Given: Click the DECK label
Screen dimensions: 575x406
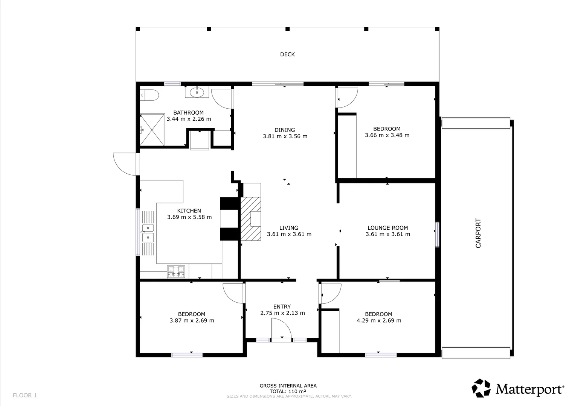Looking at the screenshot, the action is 287,55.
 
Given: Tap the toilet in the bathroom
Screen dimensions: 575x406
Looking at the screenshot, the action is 149,95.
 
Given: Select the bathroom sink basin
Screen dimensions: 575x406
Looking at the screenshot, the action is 197,92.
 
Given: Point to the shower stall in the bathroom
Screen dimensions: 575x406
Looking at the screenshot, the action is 152,130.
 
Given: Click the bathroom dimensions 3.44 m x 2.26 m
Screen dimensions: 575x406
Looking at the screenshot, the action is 189,119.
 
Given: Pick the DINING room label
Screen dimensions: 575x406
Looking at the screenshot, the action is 285,130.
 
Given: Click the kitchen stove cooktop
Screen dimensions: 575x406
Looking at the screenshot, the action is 176,272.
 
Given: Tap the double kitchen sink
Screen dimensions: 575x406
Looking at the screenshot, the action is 148,233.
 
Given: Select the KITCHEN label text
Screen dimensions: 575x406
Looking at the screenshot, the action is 189,211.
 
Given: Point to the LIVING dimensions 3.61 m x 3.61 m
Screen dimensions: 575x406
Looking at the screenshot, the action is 289,234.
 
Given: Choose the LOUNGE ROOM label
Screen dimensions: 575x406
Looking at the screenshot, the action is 387,228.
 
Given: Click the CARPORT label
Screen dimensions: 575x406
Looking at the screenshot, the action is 478,233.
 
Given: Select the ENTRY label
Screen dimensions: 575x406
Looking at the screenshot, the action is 282,306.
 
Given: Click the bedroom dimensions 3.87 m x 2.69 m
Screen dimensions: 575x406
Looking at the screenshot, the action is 192,320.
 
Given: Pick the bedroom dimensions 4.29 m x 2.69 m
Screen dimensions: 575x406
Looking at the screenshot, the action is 379,320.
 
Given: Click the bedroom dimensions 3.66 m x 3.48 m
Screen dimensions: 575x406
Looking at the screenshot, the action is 387,135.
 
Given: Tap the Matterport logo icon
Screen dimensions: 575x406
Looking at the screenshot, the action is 481,388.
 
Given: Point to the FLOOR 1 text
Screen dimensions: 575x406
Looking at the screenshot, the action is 25,395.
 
